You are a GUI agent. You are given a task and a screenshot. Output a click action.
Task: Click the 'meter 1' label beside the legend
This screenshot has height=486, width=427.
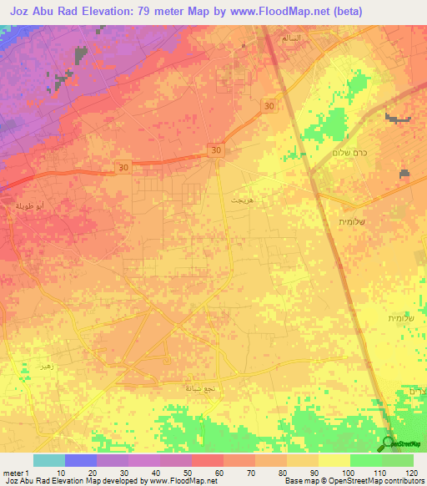15,473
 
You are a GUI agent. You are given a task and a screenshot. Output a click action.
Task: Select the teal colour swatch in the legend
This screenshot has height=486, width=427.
48,460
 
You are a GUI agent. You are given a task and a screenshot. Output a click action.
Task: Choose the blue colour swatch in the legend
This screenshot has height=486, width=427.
80,460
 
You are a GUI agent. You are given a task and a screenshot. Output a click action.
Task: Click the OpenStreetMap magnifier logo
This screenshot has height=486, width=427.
389,443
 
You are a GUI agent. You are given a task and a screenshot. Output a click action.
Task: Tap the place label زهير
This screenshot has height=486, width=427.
43,367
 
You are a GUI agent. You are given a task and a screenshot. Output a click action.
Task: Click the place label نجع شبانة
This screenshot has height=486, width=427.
201,388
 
